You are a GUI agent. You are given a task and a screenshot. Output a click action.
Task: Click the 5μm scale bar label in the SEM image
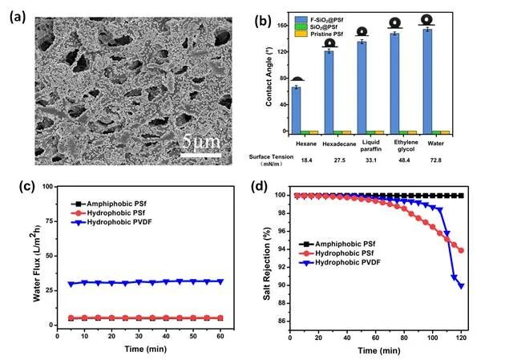coord(201,142)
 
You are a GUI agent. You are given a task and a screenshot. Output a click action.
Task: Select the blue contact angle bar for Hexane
coord(296,110)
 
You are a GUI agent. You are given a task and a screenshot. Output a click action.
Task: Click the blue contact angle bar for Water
coord(427,81)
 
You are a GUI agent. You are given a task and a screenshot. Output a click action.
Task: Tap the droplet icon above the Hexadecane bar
coord(329,43)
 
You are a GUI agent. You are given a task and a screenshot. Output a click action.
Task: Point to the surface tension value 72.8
coord(435,160)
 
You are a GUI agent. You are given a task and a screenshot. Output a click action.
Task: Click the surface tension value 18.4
coord(306,160)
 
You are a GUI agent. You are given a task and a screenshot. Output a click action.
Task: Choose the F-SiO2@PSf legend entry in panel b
coord(319,19)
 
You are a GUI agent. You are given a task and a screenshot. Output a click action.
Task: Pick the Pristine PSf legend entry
coord(319,34)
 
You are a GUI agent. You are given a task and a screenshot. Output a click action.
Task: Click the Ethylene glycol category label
coord(406,146)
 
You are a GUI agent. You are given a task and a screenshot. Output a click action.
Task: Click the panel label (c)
coord(26,186)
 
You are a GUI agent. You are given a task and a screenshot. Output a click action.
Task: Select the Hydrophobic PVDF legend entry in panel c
coord(111,222)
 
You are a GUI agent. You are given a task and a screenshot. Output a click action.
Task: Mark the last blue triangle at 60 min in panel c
coord(220,281)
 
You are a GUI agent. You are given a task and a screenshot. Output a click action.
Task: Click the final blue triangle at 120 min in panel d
coord(461,286)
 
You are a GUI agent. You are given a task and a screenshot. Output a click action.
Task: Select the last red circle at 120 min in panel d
coord(461,250)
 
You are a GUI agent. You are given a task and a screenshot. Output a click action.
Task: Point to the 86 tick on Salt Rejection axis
coord(282,321)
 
